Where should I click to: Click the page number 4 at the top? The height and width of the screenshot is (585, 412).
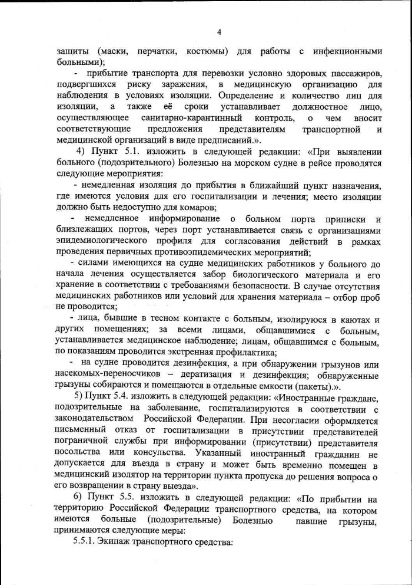coord(219,31)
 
